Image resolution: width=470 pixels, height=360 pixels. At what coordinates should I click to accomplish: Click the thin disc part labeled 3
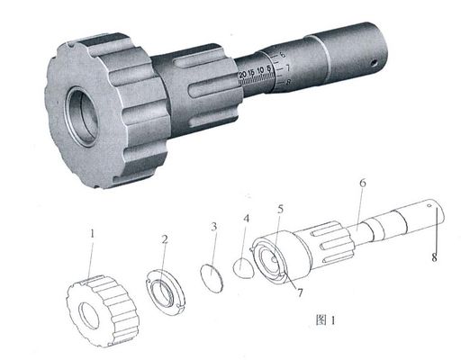(x=210, y=275)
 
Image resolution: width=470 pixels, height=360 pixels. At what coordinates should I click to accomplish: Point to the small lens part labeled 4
(x=242, y=266)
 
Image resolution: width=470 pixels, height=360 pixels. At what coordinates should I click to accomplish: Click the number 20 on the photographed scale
(x=243, y=73)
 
